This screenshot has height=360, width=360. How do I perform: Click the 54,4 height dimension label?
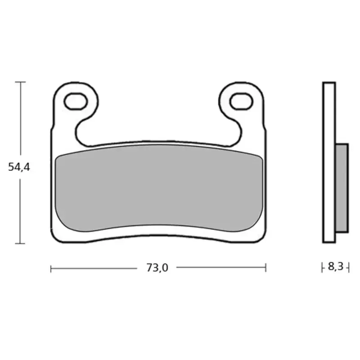pos(19,167)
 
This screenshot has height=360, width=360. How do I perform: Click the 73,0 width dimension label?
pos(157,268)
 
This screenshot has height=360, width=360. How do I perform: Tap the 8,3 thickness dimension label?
pos(335,266)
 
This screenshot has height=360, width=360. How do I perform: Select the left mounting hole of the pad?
pos(76,101)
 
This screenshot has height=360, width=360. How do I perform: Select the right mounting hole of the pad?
pos(241,101)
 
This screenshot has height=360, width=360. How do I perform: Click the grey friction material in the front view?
pos(159,188)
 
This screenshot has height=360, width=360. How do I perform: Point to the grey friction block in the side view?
pos(342,188)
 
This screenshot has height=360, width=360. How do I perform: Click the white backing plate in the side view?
pos(329,162)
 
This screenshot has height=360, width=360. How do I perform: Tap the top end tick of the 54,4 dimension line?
pos(20,82)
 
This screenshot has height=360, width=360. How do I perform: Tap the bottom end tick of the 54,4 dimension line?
pos(20,243)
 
